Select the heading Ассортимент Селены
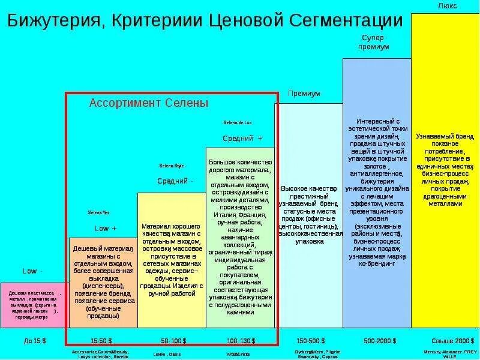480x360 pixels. (149, 103)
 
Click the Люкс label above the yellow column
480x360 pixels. (447, 5)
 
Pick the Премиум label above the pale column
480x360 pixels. (304, 94)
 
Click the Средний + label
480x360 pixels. (242, 139)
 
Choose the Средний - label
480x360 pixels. (175, 181)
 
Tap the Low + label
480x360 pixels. (106, 229)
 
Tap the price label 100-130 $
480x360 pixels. (241, 340)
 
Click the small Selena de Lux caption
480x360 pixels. (238, 122)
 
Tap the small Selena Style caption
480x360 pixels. (172, 166)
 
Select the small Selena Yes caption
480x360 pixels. (99, 213)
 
